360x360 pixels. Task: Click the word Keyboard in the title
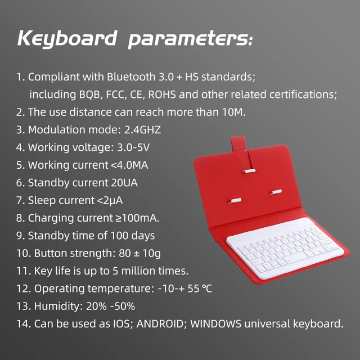(67, 39)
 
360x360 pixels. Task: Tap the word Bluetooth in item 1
(131, 76)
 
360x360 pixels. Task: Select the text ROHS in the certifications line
(162, 94)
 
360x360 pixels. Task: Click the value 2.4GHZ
(142, 130)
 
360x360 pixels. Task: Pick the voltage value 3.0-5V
(133, 147)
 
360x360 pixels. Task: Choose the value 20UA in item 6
(124, 183)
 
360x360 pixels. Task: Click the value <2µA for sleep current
(110, 200)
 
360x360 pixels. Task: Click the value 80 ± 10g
(140, 254)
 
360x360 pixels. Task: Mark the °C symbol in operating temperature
(207, 289)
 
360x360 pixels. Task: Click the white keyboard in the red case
(285, 249)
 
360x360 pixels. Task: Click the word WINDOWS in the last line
(216, 324)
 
